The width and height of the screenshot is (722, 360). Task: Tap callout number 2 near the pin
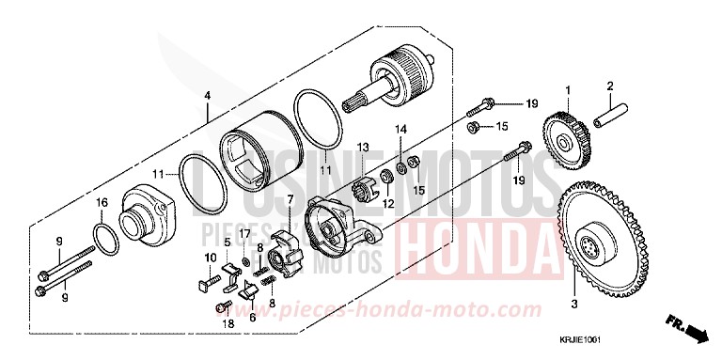point(608,86)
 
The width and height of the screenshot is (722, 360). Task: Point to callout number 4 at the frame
point(207,95)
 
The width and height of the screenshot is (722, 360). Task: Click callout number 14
point(399,128)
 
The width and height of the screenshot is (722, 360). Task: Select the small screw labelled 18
point(222,308)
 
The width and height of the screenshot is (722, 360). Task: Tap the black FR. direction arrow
point(695,330)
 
